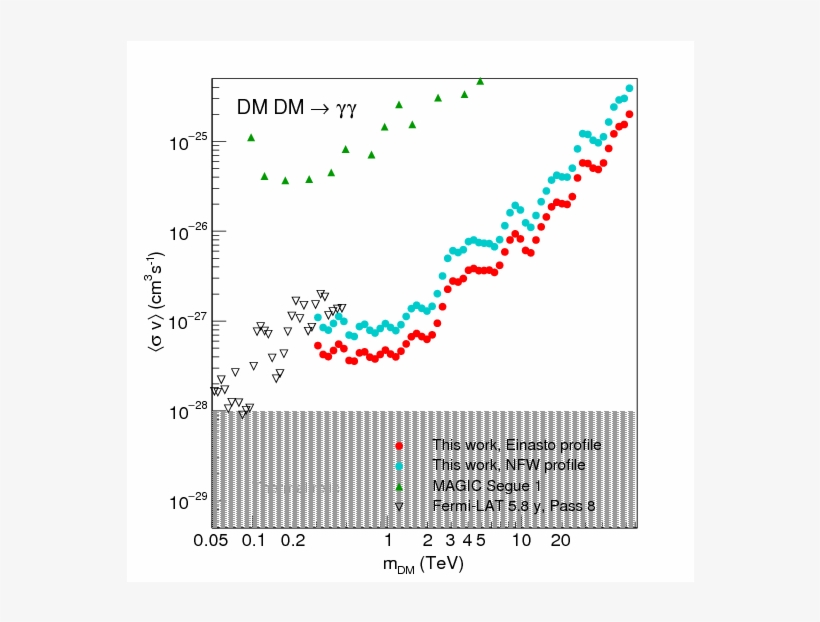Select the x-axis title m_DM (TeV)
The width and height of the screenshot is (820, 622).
tap(423, 565)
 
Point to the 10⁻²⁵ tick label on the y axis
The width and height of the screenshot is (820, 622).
tap(189, 143)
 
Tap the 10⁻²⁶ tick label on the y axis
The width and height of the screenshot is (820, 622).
tap(189, 233)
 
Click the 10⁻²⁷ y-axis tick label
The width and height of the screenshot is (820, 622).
tap(189, 322)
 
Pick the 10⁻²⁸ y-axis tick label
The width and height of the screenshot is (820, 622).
tap(189, 412)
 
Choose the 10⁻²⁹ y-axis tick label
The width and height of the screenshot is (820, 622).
tap(189, 501)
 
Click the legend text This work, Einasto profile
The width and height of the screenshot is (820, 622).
tap(516, 445)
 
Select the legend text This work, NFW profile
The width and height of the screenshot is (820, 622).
tap(508, 465)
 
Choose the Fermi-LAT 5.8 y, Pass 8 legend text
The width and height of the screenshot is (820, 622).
tap(514, 506)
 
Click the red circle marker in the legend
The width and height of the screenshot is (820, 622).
tap(399, 446)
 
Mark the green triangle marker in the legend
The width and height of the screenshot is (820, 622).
tap(399, 486)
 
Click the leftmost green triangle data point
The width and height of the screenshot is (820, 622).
tap(251, 137)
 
